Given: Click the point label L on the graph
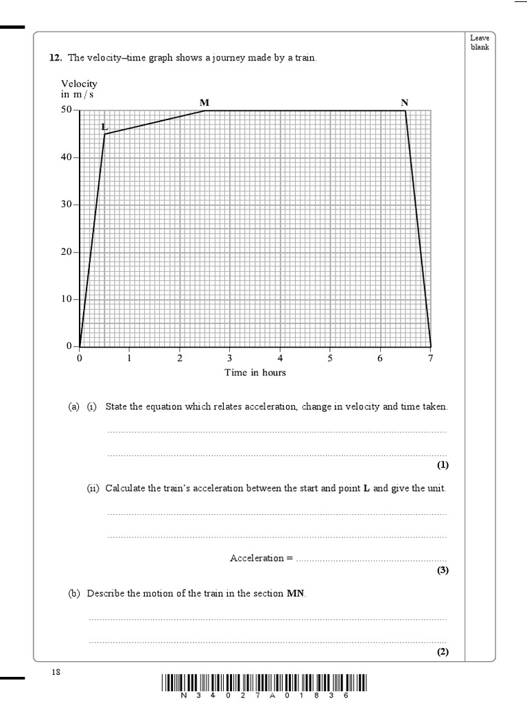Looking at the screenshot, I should pyautogui.click(x=104, y=127).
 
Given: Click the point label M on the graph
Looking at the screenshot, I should pyautogui.click(x=204, y=102).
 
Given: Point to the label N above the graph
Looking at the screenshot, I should pyautogui.click(x=405, y=102).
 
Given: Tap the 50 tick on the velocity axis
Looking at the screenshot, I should pyautogui.click(x=67, y=110).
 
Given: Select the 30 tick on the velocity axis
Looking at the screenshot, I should pyautogui.click(x=67, y=205).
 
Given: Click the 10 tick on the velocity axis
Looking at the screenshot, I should pyautogui.click(x=67, y=299).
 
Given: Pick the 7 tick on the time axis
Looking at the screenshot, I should pyautogui.click(x=430, y=358).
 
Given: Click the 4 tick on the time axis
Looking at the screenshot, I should pyautogui.click(x=280, y=358).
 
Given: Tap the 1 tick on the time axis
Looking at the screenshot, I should pyautogui.click(x=129, y=358).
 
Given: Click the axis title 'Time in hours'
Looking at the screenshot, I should pyautogui.click(x=255, y=373).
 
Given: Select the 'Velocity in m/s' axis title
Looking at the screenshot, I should pyautogui.click(x=79, y=89).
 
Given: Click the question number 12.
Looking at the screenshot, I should pyautogui.click(x=55, y=58).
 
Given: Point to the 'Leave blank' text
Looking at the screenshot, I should pyautogui.click(x=480, y=43).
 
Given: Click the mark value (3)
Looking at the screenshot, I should pyautogui.click(x=443, y=571).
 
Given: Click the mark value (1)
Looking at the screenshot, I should pyautogui.click(x=443, y=465).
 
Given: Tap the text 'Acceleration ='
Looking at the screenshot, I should pyautogui.click(x=261, y=558).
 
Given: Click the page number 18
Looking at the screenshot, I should pyautogui.click(x=56, y=673).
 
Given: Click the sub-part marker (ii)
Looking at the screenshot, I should pyautogui.click(x=93, y=488).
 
